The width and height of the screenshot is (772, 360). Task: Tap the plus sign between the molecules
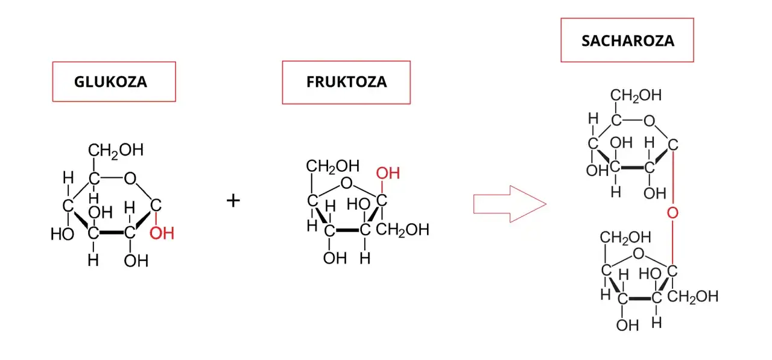[233, 200]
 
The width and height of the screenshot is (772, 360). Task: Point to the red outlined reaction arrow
[510, 204]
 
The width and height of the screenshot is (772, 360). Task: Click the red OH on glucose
[162, 233]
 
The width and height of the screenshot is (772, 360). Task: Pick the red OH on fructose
[388, 173]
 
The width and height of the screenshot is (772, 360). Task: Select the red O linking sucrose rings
[672, 213]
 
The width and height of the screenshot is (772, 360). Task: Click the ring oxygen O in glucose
[130, 178]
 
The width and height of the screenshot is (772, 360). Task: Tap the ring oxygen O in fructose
[346, 183]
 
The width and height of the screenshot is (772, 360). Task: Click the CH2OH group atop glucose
[115, 151]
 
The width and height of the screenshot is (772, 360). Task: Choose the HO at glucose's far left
[62, 234]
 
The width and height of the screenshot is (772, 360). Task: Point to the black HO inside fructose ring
[358, 204]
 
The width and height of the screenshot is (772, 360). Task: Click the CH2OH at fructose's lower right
[402, 230]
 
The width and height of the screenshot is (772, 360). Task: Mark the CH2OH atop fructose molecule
[332, 166]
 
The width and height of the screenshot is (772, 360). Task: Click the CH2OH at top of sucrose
[636, 95]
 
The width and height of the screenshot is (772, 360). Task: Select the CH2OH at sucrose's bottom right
[693, 297]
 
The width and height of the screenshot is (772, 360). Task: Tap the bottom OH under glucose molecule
[136, 261]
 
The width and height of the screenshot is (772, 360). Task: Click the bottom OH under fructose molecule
[335, 258]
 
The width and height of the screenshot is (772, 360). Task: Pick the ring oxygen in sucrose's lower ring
[638, 253]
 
